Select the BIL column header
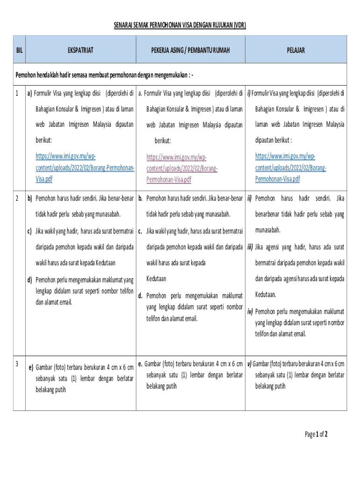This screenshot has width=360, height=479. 19,50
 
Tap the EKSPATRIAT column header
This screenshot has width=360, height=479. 80,50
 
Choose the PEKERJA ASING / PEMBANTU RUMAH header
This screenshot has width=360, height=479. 190,50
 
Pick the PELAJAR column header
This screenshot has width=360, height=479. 295,50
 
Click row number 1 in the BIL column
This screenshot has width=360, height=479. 17,94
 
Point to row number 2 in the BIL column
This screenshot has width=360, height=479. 17,198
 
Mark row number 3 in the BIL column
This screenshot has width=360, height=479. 17,363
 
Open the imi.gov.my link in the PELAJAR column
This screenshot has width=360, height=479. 291,167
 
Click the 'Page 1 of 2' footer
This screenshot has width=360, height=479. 316,434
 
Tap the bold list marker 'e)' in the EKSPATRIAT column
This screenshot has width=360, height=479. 31,367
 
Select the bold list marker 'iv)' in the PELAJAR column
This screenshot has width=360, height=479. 250,311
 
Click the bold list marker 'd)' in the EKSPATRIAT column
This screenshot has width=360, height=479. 29,280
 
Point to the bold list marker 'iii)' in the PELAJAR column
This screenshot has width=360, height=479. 250,247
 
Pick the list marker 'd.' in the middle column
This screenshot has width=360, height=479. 140,296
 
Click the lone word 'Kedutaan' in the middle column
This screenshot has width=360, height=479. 156,279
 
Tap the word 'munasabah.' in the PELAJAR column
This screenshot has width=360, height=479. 268,230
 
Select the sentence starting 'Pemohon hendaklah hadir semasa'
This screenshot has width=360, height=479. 105,74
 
